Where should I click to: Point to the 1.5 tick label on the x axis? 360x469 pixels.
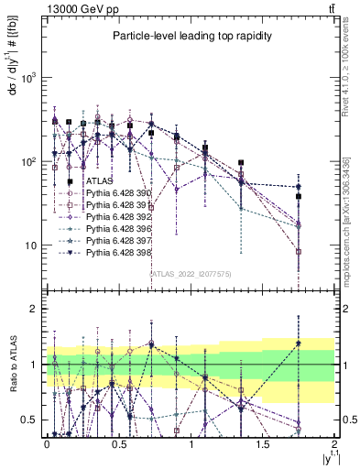click(x=262, y=444)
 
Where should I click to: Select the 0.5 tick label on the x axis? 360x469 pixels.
click(x=118, y=444)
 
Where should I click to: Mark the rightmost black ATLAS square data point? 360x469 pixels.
click(x=299, y=196)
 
